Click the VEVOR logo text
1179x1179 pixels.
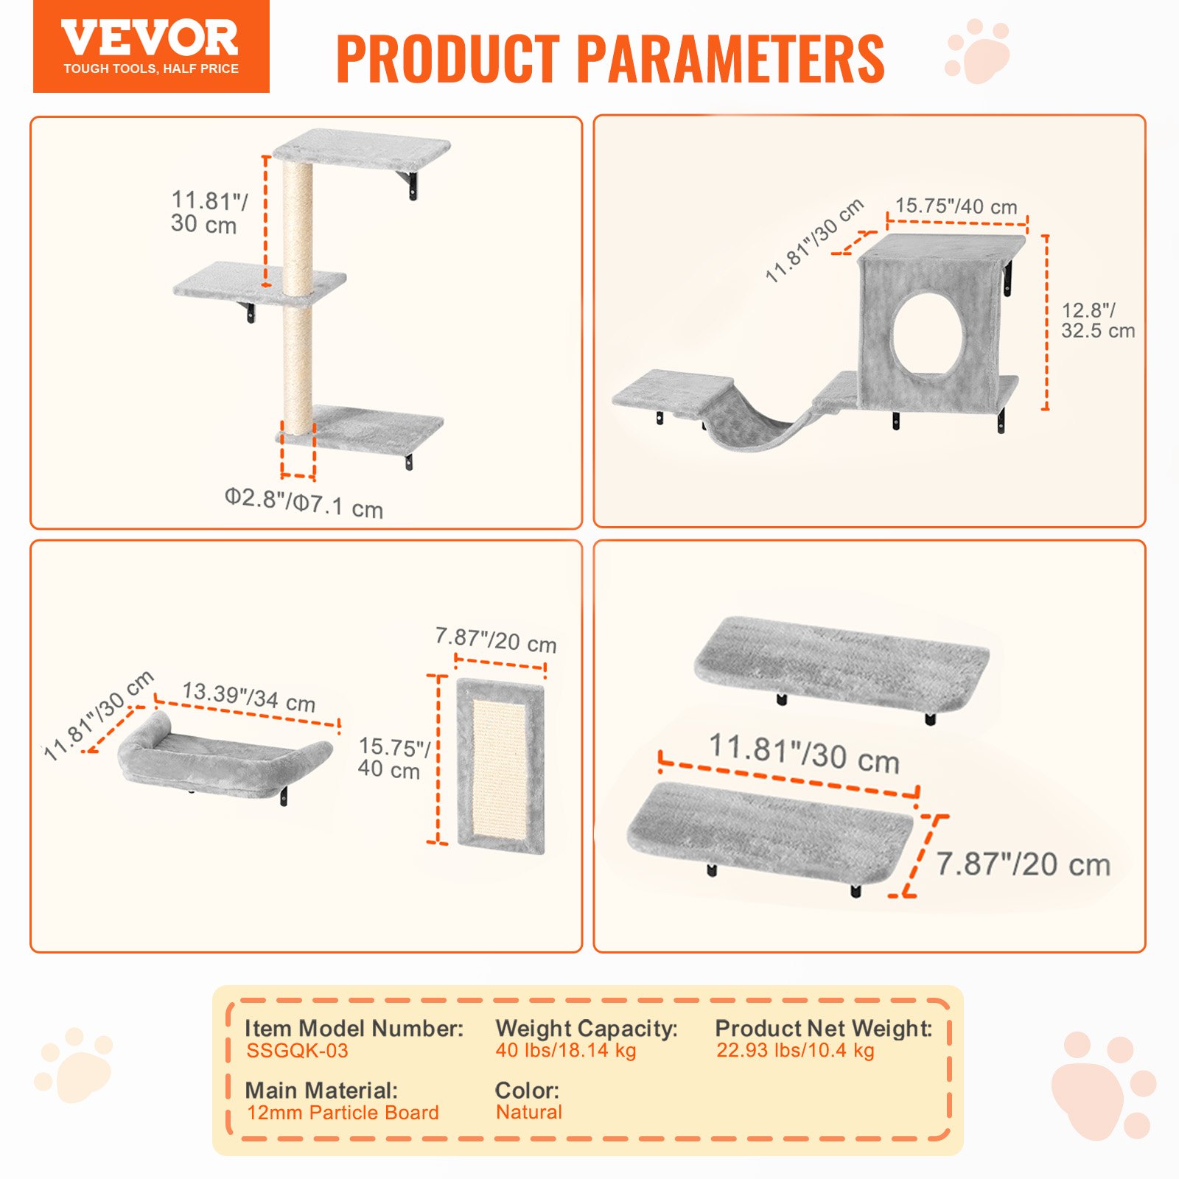pos(150,38)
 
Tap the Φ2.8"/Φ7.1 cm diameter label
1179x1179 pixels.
pos(304,503)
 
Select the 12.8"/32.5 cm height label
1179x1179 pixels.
pos(1097,321)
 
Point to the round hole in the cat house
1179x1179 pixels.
pos(928,335)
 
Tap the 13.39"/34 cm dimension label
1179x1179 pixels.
pos(249,696)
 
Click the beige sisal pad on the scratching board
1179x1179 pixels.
pos(499,766)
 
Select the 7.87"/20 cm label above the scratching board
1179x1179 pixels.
pos(495,639)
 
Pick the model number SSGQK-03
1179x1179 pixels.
pos(297,1051)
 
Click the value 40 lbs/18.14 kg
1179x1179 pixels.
pos(565,1051)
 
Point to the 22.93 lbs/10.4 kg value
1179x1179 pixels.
pos(795,1051)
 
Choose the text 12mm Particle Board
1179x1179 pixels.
pos(343,1113)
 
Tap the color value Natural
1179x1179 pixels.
pos(528,1113)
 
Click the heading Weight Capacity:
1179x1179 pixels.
pos(586,1028)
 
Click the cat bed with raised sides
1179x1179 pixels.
pos(221,759)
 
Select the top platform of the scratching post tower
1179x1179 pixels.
pos(361,147)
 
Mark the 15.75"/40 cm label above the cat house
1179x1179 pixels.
pos(956,206)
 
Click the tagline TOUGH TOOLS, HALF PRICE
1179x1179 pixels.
pos(151,69)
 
